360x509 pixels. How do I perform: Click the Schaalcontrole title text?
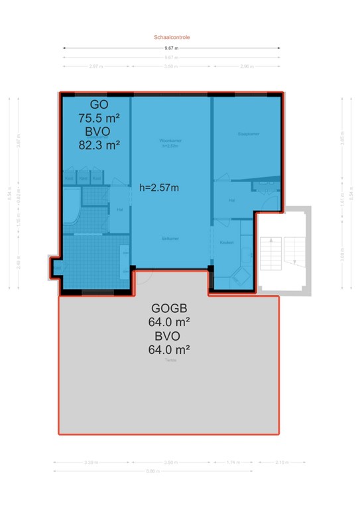pyautogui.click(x=172, y=38)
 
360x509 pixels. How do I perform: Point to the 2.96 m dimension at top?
pyautogui.click(x=248, y=67)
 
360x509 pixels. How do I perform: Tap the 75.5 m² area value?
pyautogui.click(x=99, y=119)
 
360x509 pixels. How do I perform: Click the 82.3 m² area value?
pyautogui.click(x=99, y=145)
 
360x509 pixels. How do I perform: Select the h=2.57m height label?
pyautogui.click(x=158, y=188)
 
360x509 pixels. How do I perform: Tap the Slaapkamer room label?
pyautogui.click(x=248, y=134)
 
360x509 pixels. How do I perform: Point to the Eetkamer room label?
pyautogui.click(x=171, y=237)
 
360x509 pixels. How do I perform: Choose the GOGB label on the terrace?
pyautogui.click(x=170, y=309)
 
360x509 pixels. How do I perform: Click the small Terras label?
pyautogui.click(x=170, y=361)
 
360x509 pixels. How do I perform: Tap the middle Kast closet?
pyautogui.click(x=83, y=178)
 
